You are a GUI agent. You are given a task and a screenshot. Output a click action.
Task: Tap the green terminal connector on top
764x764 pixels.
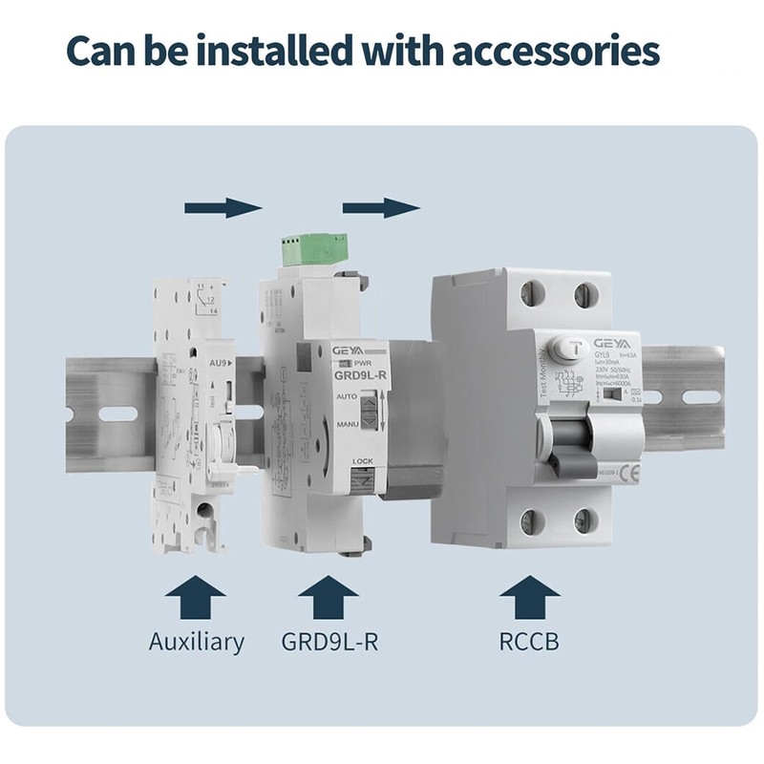click(313, 249)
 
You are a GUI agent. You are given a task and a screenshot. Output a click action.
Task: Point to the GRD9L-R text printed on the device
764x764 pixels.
click(360, 375)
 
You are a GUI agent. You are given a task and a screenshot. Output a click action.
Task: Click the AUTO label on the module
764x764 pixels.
click(347, 396)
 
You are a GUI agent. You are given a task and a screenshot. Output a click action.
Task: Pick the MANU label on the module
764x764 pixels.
click(347, 422)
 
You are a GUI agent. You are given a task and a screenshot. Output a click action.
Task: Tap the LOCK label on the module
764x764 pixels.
click(362, 461)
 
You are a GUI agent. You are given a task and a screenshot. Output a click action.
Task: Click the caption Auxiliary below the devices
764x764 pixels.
click(196, 642)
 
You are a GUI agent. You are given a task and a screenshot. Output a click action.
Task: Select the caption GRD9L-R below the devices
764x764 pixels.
click(329, 642)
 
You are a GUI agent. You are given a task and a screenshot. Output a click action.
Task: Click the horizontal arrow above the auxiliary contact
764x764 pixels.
click(223, 207)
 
